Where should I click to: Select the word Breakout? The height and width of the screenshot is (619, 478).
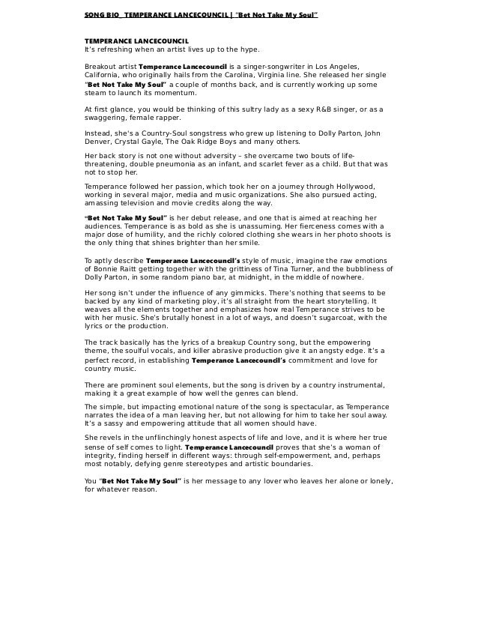[x=102, y=66]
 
